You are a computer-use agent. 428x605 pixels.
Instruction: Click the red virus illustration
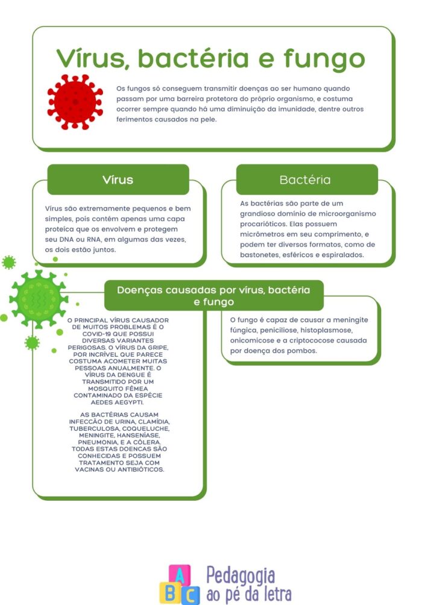pos(75,102)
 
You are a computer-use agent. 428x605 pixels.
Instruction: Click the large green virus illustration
pos(38,299)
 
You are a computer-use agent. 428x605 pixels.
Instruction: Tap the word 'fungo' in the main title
pos(324,58)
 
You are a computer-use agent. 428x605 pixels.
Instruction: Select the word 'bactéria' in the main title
pos(193,58)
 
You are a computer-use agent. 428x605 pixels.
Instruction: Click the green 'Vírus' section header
pos(118,180)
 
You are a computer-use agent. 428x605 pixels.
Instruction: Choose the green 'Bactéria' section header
pos(307,180)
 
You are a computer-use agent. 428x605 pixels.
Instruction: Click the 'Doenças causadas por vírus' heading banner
pos(214,295)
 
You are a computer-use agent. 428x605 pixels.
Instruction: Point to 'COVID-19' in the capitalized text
pos(96,334)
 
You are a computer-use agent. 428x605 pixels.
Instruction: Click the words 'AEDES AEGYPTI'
pos(117,402)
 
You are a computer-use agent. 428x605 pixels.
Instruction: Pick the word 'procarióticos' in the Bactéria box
pos(263,224)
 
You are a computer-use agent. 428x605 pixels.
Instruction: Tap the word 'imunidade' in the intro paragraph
pos(285,109)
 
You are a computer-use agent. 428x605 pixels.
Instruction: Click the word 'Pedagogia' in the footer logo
pos(241,576)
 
